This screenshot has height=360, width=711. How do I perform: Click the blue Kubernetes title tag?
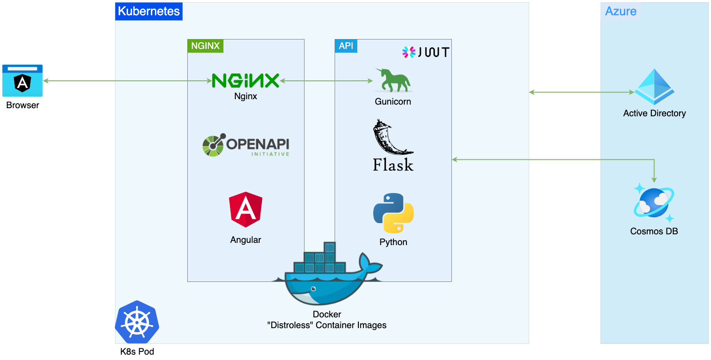(149, 11)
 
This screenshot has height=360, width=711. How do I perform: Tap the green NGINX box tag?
(205, 46)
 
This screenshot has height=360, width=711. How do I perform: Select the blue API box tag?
(346, 46)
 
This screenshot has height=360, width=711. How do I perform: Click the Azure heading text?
(621, 11)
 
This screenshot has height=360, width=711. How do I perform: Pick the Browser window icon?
(22, 81)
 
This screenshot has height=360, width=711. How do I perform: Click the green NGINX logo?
(246, 81)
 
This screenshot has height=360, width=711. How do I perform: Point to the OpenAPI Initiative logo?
(246, 145)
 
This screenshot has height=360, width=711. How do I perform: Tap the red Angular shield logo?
(246, 209)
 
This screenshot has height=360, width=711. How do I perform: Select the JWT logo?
(425, 52)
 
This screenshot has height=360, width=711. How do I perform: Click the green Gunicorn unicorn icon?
(393, 81)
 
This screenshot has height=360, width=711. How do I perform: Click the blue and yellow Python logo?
(393, 213)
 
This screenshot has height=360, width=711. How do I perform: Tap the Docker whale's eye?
(314, 289)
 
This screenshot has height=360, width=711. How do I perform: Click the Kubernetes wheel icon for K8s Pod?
(137, 322)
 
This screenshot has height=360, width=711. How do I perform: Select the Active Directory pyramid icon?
(654, 87)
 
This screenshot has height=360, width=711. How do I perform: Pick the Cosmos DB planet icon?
(654, 203)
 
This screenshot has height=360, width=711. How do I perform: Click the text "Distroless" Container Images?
(327, 325)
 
